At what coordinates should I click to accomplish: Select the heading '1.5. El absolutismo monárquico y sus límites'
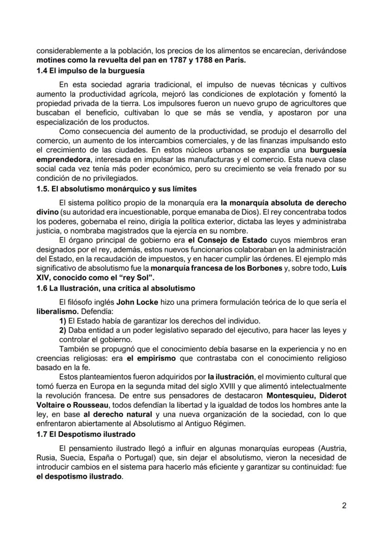117,189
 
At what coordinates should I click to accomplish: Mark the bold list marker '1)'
62,320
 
